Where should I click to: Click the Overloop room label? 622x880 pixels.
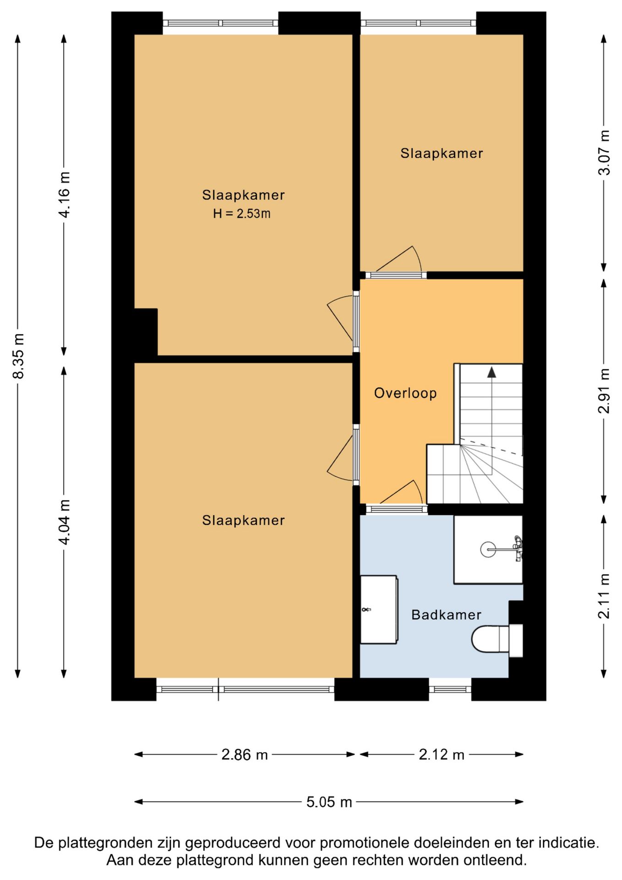(x=405, y=393)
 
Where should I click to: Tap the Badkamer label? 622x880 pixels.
(x=446, y=615)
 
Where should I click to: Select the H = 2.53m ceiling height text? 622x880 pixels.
(x=241, y=214)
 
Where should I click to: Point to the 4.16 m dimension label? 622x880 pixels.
(x=64, y=194)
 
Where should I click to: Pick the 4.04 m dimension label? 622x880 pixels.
(x=64, y=522)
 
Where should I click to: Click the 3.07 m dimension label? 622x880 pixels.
(x=604, y=153)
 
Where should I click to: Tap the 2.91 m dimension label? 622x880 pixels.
(x=604, y=390)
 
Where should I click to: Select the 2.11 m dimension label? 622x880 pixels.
(x=604, y=596)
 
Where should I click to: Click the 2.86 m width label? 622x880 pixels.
(x=244, y=754)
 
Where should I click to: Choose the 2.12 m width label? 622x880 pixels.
(x=441, y=754)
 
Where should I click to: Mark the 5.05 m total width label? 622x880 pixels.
(x=329, y=802)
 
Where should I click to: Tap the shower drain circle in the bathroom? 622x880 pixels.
(x=488, y=549)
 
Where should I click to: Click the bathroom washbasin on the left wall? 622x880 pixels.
(x=378, y=610)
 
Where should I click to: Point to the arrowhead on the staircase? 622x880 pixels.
(x=491, y=372)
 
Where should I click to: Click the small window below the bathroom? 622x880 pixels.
(x=450, y=689)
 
